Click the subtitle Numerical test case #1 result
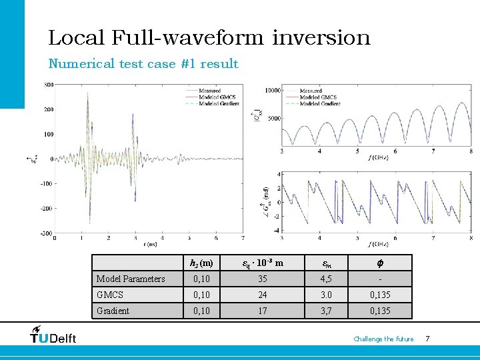click(143, 64)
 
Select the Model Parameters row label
click(131, 279)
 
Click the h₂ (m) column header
click(201, 263)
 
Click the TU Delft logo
click(54, 335)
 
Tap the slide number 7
click(427, 339)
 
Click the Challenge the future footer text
click(383, 339)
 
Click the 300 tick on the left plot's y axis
click(49, 85)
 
